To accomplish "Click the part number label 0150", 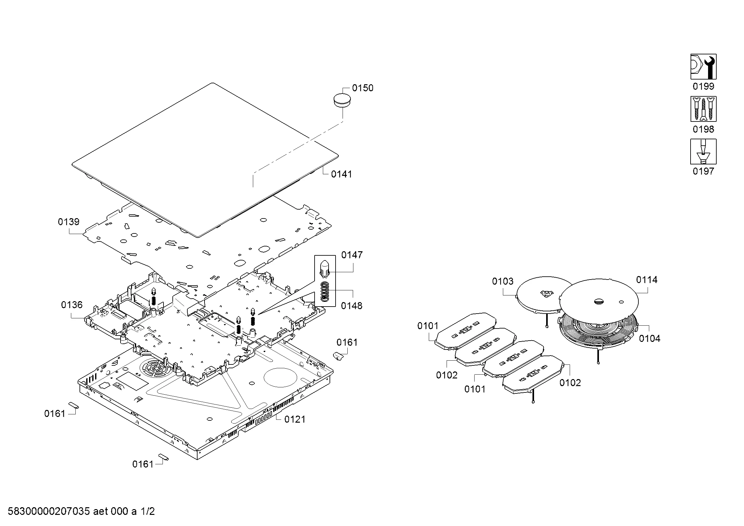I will click(x=362, y=88).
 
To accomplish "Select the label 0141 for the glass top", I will click(x=341, y=174).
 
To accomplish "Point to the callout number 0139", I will click(x=69, y=222).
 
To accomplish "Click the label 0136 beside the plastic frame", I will click(x=72, y=305).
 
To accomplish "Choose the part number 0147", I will click(x=351, y=255).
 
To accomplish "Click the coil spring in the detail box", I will click(x=325, y=292).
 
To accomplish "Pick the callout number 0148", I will click(x=351, y=306).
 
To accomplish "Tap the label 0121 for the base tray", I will click(x=295, y=419).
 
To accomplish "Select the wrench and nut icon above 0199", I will click(x=703, y=67).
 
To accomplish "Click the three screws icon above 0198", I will click(x=703, y=109).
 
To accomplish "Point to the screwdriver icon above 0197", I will click(x=703, y=152).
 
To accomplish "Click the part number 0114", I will click(x=646, y=280).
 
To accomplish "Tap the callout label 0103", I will click(x=503, y=281).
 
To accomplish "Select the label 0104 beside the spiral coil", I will click(x=650, y=339).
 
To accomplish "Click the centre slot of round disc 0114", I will click(x=599, y=301).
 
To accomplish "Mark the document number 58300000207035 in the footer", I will click(x=49, y=511).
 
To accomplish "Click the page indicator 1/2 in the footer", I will click(x=147, y=511).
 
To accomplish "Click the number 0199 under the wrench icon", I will click(x=703, y=87).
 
